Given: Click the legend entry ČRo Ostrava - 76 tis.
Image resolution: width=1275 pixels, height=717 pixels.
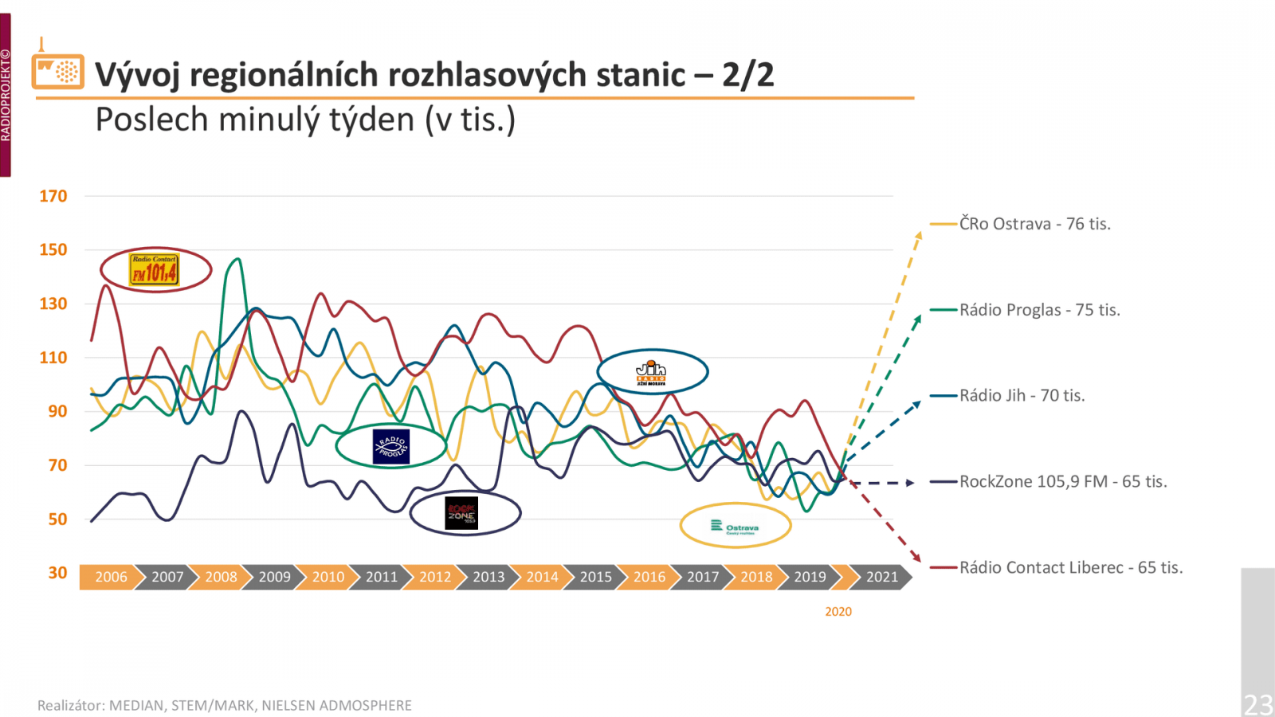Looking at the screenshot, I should (1034, 224).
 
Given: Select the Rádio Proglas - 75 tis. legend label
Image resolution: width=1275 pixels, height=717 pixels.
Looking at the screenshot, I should (1039, 310).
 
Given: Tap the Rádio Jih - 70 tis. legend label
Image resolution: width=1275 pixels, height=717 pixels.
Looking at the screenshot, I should (1022, 396).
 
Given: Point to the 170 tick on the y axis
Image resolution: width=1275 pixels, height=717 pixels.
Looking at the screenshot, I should (53, 196).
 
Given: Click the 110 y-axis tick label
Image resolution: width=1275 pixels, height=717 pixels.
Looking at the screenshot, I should (53, 358).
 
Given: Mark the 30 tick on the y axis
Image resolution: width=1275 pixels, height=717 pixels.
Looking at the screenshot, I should (57, 573).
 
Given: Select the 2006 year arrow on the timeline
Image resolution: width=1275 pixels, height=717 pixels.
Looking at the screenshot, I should (111, 577).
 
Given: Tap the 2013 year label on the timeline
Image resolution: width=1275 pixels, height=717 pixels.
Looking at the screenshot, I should (488, 577).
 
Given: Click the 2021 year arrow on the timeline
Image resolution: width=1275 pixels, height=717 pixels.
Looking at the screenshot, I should (881, 577).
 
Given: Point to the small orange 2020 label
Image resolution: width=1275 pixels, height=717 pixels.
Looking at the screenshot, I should (838, 612).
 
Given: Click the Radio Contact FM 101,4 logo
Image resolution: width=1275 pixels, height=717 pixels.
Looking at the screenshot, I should (155, 270).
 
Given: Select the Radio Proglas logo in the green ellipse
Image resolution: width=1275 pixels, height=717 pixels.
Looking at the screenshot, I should (391, 446).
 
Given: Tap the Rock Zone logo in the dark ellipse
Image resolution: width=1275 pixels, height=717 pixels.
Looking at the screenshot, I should (461, 513).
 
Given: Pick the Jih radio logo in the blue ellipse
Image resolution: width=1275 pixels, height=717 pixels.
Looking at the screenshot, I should (651, 372).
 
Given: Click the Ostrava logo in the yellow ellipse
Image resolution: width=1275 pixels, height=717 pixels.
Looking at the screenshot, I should (735, 527).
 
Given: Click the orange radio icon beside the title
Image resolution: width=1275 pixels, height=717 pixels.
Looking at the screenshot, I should (58, 71).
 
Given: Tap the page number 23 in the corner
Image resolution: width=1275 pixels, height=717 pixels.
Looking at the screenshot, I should (1258, 704).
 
